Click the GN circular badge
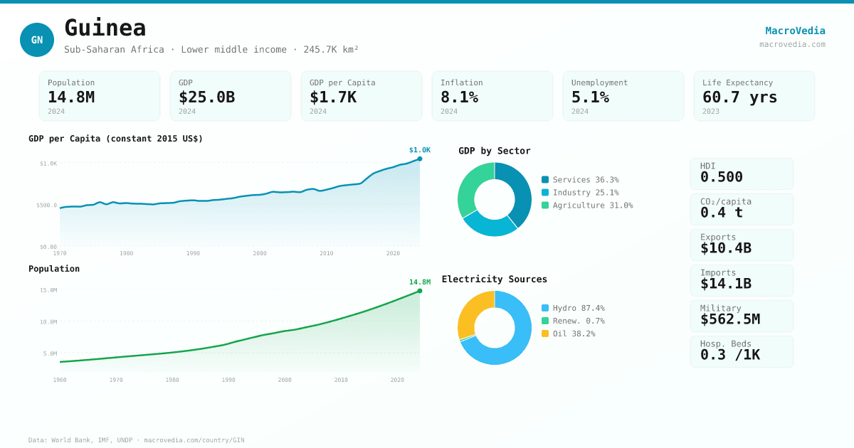tap(37, 40)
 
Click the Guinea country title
tap(105, 28)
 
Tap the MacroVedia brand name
tap(795, 31)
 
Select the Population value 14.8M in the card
tap(71, 97)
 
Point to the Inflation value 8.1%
tap(459, 97)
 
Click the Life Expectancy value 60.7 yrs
tap(739, 97)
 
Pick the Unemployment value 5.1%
tap(590, 97)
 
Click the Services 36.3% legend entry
tap(580, 180)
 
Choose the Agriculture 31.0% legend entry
tap(587, 206)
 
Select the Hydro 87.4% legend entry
tap(573, 308)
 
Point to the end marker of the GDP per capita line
tap(420, 159)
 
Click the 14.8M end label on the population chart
tap(420, 282)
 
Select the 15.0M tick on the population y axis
tap(48, 290)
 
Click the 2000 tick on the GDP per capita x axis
tap(260, 253)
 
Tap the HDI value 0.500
tap(721, 177)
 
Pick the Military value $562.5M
tap(729, 319)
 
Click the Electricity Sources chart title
tap(495, 279)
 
